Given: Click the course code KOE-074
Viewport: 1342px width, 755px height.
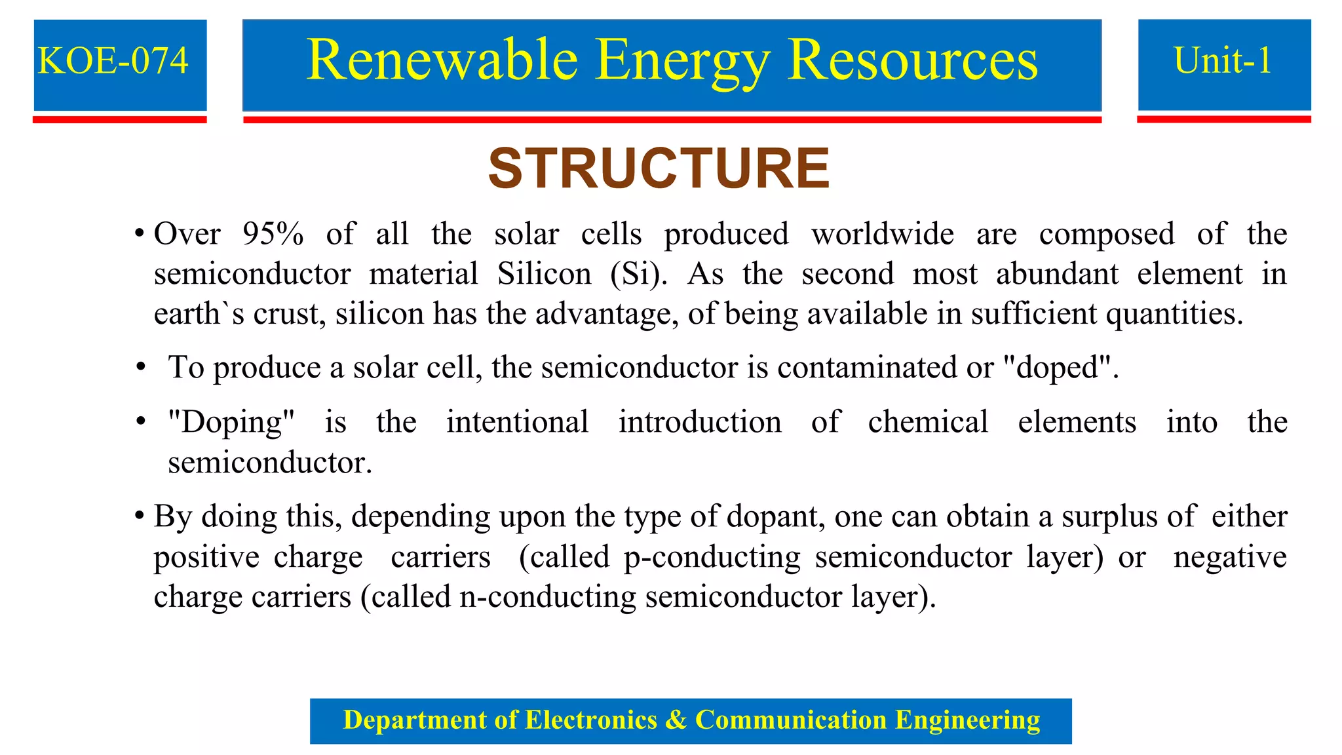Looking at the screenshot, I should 113,61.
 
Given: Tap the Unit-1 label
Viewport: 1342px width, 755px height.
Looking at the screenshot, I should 1223,61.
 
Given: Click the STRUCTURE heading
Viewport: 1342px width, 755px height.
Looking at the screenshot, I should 659,168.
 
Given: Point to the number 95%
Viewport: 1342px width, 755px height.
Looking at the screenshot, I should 273,234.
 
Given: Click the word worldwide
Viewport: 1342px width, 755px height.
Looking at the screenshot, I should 883,234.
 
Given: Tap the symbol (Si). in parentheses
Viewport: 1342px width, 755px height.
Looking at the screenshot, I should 638,274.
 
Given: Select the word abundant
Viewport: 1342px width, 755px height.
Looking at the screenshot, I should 1057,274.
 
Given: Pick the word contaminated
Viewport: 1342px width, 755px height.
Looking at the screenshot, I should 867,368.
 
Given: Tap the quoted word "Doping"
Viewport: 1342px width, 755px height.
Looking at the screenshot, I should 231,422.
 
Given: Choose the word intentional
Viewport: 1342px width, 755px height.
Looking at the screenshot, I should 518,422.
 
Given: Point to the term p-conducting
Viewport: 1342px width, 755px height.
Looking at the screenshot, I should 712,557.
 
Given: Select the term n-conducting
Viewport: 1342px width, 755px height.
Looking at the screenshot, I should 548,597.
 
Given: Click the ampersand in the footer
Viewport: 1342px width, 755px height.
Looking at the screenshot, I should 676,720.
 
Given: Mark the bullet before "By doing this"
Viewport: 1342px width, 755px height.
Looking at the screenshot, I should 140,516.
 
